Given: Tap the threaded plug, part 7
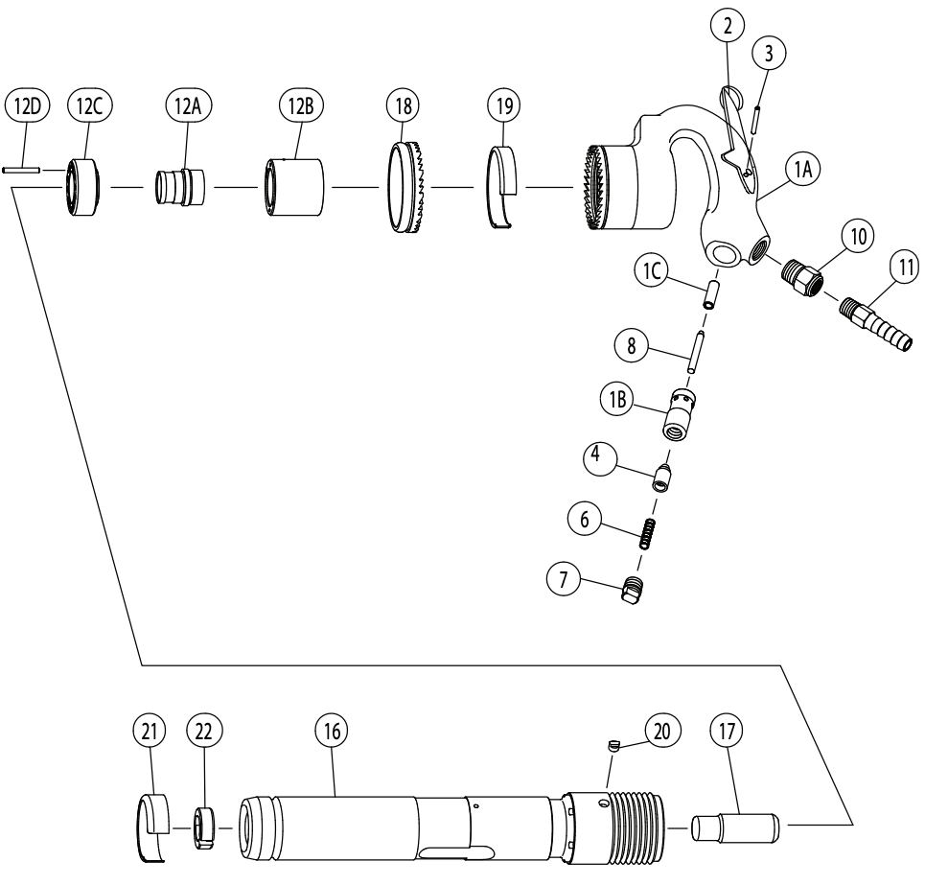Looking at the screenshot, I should (632, 593).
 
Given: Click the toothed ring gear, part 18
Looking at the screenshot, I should (411, 189).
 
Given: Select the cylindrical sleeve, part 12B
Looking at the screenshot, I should (293, 186).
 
